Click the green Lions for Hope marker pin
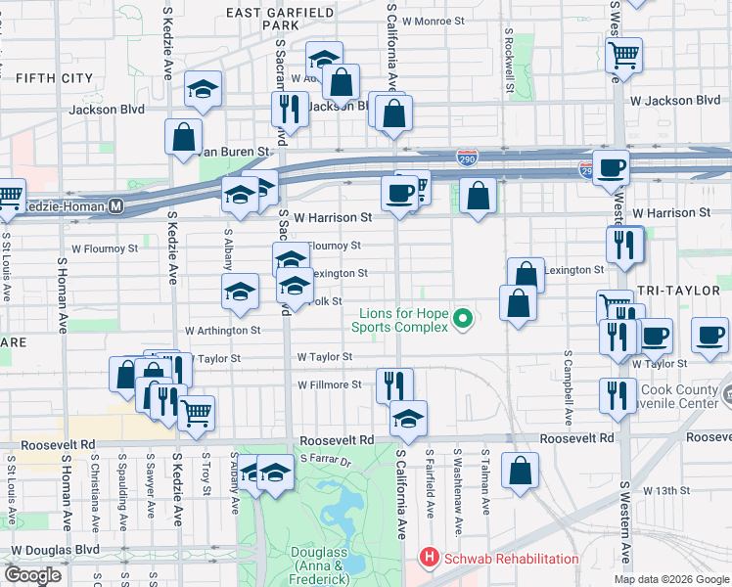pos(466,317)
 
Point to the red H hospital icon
pos(428,559)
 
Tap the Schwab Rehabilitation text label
pos(511,559)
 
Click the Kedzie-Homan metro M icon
pos(116,206)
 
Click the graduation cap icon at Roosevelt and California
pos(408,418)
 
